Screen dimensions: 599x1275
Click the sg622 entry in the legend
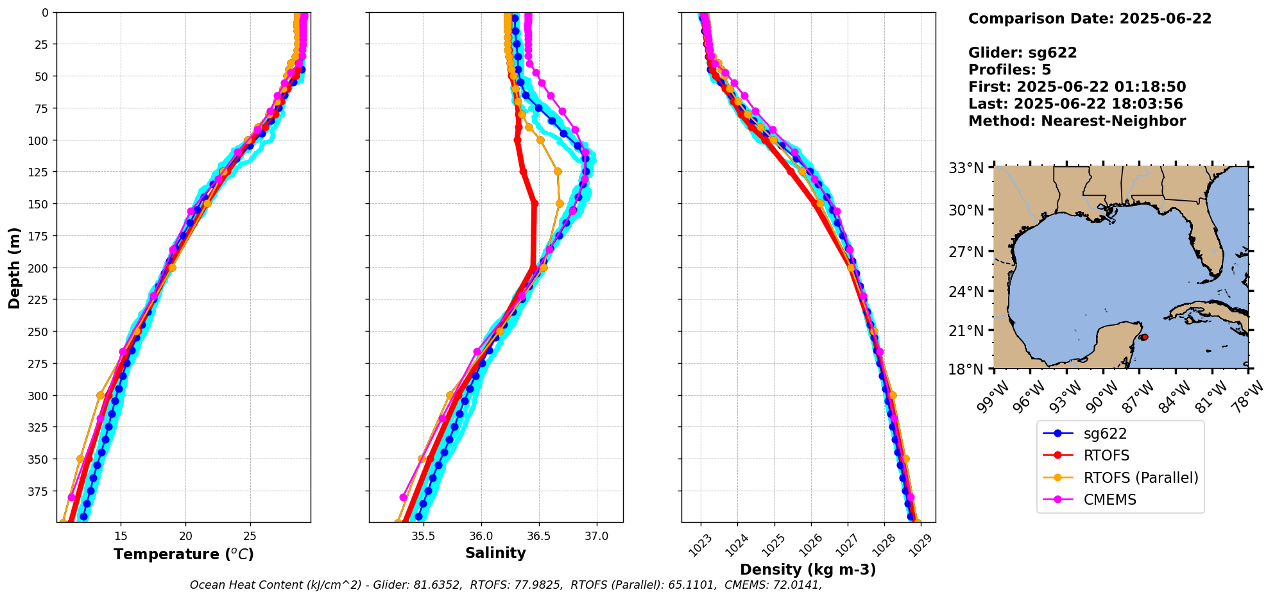point(1104,434)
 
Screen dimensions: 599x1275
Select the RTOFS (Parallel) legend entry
point(1140,478)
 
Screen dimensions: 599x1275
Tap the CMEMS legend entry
point(1109,500)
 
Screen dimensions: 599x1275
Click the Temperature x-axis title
point(184,554)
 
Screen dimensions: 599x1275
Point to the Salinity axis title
point(495,553)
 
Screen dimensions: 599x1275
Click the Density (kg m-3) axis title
point(808,569)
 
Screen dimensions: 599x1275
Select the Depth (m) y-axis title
point(14,267)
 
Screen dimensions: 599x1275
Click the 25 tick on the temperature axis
point(250,536)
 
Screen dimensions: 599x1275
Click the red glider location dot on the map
point(1144,337)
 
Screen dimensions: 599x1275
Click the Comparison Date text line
point(1090,19)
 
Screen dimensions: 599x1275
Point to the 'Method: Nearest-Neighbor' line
point(1077,121)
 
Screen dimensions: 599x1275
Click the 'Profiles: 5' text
point(1009,70)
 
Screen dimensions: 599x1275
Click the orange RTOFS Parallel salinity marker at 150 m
point(560,203)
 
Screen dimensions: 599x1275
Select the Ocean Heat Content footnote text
point(506,585)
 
